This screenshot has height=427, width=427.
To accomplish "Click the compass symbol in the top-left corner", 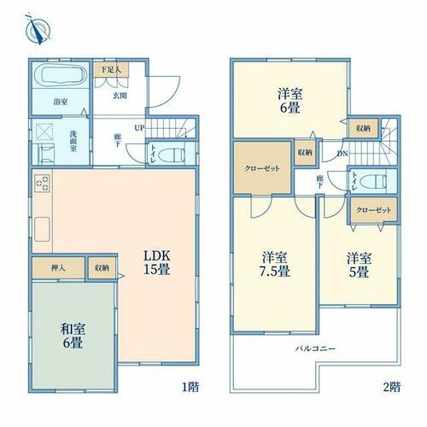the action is [x=38, y=29].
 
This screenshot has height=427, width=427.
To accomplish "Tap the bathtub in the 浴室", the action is [x=61, y=75].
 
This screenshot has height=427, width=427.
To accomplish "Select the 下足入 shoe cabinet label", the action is [x=111, y=70].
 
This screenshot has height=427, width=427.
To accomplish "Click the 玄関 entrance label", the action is [x=120, y=96].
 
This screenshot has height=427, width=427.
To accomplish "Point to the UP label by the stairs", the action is [x=139, y=128].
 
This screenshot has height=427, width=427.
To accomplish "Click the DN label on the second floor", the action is [x=342, y=154].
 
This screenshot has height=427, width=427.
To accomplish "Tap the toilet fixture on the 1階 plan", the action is [x=172, y=155].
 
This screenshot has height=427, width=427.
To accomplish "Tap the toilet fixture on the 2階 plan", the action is [x=373, y=181].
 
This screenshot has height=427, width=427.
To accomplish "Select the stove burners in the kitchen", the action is [x=42, y=183].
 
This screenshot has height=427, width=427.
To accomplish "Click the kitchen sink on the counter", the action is [x=42, y=230].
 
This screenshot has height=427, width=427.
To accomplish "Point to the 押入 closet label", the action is [x=58, y=268].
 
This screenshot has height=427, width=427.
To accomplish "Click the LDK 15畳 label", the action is [x=157, y=262].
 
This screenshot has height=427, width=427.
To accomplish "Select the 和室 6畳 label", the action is [x=73, y=336].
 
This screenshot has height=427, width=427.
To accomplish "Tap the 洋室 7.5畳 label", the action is [x=274, y=265].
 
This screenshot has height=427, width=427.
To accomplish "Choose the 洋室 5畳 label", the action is [x=359, y=265].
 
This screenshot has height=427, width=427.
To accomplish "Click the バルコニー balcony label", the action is [x=315, y=348].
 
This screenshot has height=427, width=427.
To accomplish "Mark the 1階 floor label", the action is [x=190, y=387].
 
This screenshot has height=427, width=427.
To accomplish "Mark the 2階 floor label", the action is [x=392, y=387].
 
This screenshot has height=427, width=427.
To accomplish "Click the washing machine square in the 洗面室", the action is [x=44, y=132].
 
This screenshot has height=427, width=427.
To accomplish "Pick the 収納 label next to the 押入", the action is [x=102, y=268].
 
